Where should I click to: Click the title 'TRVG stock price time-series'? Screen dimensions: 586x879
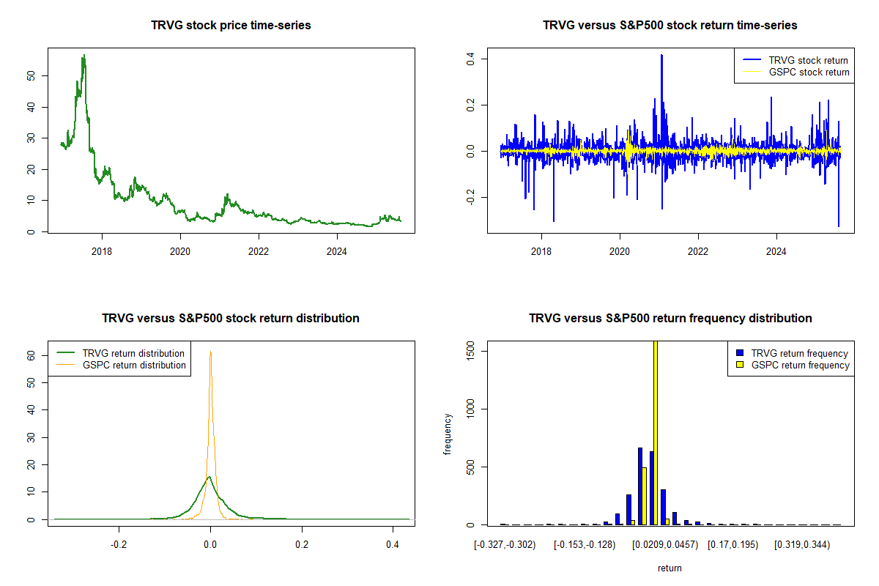(231, 26)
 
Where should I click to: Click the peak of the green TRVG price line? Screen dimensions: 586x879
(84, 55)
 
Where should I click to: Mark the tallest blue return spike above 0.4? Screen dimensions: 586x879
(661, 55)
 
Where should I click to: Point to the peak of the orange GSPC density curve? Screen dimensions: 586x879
(210, 352)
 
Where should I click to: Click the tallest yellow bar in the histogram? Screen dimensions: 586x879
(655, 432)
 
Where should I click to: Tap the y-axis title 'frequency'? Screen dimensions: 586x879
(448, 434)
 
